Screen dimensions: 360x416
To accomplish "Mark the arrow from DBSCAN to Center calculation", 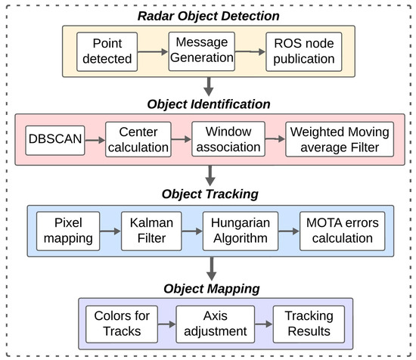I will tap(95, 138).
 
